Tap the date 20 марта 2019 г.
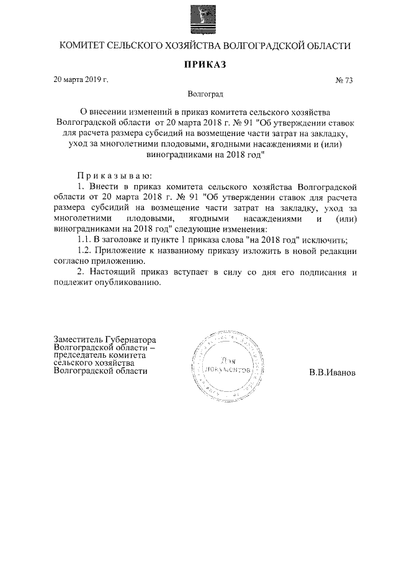click(x=81, y=79)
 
